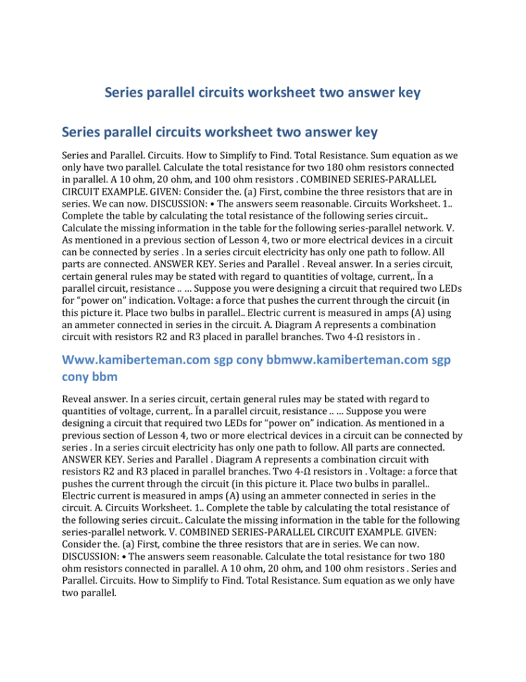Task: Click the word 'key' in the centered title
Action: click(x=407, y=93)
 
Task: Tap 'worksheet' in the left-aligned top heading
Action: click(x=236, y=132)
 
